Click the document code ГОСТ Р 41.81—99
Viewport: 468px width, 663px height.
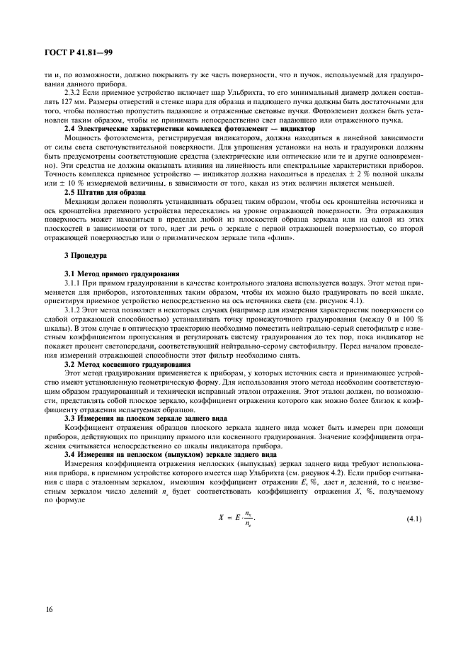pos(69,51)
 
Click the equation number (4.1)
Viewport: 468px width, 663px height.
pos(413,521)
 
